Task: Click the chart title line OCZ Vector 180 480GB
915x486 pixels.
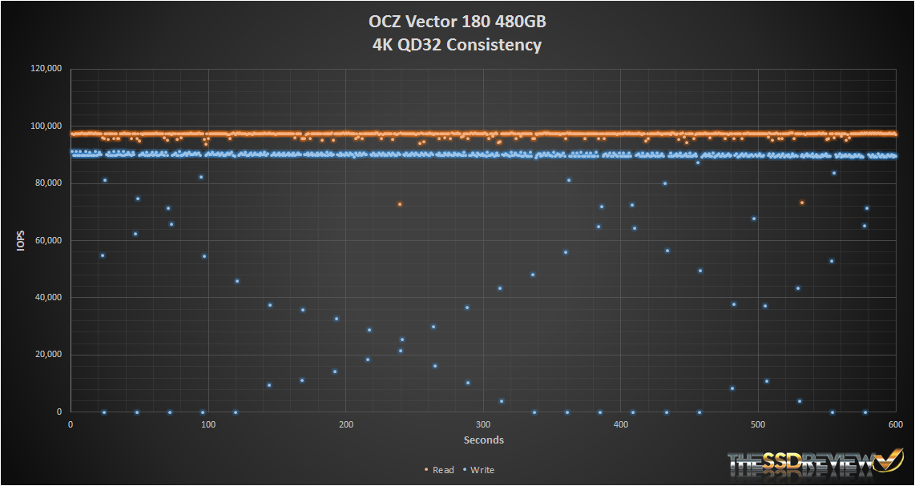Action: click(457, 22)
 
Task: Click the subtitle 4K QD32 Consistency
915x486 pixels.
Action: click(457, 45)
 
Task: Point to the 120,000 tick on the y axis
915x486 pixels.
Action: click(46, 70)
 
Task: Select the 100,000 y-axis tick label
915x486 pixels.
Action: click(46, 127)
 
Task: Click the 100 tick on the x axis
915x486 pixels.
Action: click(208, 424)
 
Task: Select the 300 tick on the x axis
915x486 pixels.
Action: click(482, 424)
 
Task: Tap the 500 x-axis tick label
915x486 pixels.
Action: click(757, 424)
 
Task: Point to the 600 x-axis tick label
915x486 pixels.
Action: click(894, 424)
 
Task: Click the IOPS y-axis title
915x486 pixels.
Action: click(22, 240)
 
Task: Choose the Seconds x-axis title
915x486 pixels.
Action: click(483, 440)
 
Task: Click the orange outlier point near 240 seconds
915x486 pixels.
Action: click(399, 204)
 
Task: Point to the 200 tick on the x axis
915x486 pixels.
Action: click(345, 424)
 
